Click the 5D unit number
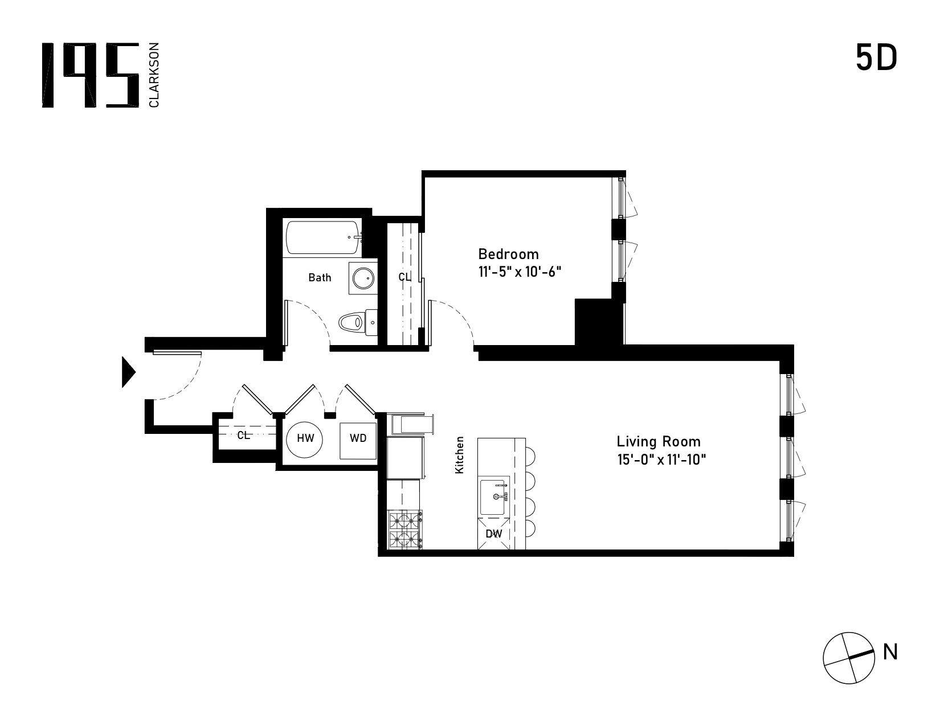[x=876, y=59]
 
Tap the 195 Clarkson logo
[x=100, y=75]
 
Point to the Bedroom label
[x=508, y=254]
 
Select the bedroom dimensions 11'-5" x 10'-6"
[x=520, y=272]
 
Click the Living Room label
[x=659, y=441]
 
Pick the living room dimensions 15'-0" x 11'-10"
[x=661, y=459]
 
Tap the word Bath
[x=320, y=278]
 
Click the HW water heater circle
[x=305, y=440]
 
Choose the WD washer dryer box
[x=358, y=441]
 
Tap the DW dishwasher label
[x=493, y=534]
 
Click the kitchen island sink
[x=493, y=497]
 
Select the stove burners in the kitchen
[x=405, y=530]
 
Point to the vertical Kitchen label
[x=459, y=454]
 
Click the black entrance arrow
[x=129, y=372]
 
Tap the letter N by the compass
[x=890, y=651]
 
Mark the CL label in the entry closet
[x=243, y=436]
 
